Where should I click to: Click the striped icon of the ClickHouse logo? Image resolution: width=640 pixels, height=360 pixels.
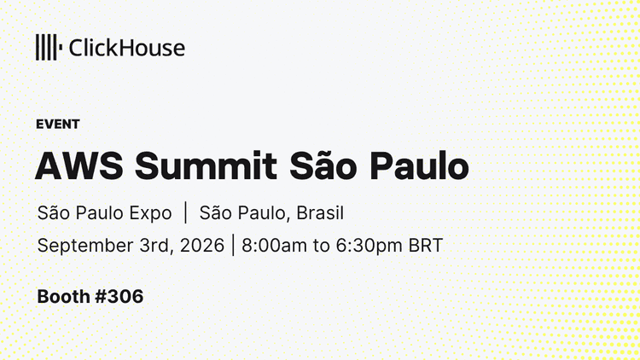[x=49, y=48]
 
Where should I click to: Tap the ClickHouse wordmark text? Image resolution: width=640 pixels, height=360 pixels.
[x=127, y=48]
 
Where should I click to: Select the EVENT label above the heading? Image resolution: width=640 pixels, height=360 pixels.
[x=57, y=124]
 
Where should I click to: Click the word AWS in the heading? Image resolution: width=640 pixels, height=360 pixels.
[x=79, y=165]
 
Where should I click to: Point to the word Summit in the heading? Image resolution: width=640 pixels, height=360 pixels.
[x=207, y=165]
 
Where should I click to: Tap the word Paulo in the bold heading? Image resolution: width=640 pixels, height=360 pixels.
[x=419, y=165]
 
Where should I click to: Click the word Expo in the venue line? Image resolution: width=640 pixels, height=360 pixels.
[x=150, y=213]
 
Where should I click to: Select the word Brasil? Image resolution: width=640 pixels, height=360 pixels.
[x=320, y=212]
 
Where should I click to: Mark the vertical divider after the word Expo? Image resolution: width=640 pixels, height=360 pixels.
[x=186, y=212]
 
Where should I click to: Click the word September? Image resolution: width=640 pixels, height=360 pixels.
[x=85, y=247]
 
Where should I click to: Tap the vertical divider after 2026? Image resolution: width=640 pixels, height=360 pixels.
[x=233, y=245]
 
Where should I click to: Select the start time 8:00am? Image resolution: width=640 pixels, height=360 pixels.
[x=274, y=246]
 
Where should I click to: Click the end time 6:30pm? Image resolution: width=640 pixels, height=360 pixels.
[x=369, y=247]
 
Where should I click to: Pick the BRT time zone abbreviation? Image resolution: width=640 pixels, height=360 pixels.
[x=426, y=246]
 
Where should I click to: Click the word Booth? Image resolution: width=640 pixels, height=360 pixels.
[x=63, y=296]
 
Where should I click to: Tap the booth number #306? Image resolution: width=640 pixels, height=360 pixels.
[x=119, y=296]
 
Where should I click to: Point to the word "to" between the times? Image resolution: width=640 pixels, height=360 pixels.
[x=321, y=246]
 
